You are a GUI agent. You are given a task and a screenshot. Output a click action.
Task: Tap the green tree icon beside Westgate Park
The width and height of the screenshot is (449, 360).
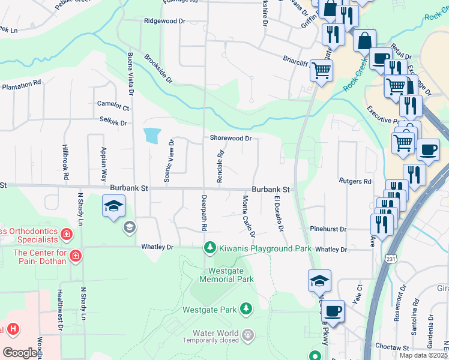click(246, 308)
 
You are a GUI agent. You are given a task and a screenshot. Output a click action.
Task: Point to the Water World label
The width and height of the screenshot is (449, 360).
click(215, 333)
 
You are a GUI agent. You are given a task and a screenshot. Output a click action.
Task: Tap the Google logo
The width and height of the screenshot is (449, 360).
click(19, 353)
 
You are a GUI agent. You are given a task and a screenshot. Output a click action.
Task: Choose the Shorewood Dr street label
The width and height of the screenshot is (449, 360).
click(231, 138)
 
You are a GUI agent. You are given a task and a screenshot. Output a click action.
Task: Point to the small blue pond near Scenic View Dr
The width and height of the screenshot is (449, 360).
click(152, 135)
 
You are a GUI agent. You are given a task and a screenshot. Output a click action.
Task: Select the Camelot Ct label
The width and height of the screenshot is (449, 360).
click(113, 106)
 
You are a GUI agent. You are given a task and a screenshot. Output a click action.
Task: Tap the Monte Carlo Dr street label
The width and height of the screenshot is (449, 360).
click(249, 216)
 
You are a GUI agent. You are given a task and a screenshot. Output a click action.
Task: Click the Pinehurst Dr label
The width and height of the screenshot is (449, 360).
click(328, 229)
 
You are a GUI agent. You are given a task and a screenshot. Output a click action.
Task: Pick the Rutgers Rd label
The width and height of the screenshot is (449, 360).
click(355, 181)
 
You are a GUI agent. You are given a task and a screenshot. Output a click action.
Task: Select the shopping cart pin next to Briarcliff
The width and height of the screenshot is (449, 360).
click(321, 71)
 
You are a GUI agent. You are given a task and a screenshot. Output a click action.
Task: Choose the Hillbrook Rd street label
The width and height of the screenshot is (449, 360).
click(65, 163)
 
